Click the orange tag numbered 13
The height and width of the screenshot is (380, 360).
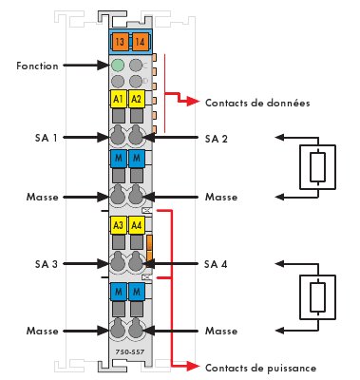(x=120, y=42)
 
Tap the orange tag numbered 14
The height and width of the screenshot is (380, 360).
(x=140, y=42)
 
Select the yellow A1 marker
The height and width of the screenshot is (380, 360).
(x=118, y=99)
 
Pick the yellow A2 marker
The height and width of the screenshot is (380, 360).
(x=137, y=99)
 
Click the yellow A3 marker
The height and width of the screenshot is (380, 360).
(x=118, y=225)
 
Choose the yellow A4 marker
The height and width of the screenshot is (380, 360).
(x=137, y=225)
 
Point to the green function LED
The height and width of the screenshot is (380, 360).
(x=118, y=66)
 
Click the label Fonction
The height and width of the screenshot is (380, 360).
(x=37, y=66)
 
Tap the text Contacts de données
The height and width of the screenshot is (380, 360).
(x=257, y=103)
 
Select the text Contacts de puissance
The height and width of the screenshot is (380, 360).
(x=260, y=368)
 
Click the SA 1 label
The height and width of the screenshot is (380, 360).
(x=47, y=138)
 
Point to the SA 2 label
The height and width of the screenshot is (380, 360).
(x=217, y=139)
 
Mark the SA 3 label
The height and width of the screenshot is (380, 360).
(x=47, y=264)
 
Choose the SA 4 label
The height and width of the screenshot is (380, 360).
(x=216, y=264)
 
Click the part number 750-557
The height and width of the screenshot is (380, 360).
(x=130, y=352)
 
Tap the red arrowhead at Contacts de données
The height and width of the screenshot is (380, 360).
(x=193, y=101)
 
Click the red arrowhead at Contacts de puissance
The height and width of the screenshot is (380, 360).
(x=193, y=366)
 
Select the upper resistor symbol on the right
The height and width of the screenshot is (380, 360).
(x=317, y=167)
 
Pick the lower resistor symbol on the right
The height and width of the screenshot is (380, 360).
(x=317, y=297)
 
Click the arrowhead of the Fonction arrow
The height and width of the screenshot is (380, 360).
(x=104, y=66)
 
